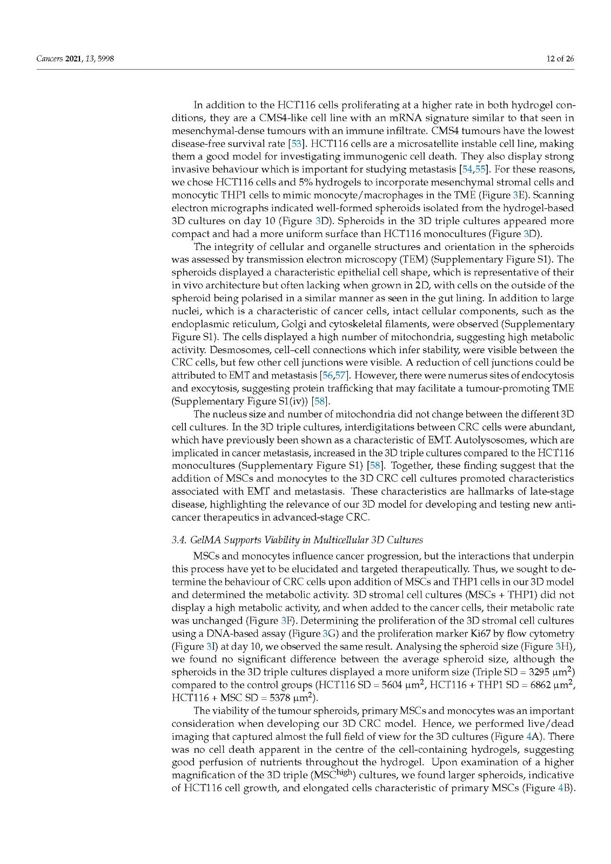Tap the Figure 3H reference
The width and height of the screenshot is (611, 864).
562,646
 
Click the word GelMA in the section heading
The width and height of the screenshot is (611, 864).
207,539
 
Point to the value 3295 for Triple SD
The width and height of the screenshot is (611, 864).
540,672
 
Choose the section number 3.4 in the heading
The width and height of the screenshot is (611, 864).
178,539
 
